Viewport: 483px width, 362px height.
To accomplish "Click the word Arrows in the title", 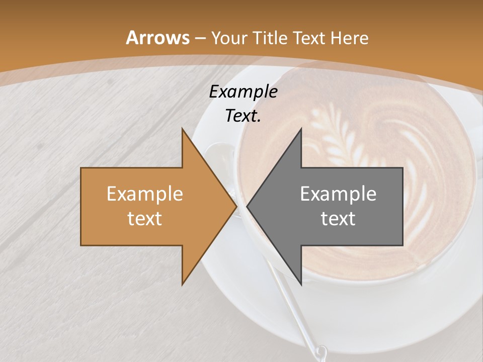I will click(157, 38).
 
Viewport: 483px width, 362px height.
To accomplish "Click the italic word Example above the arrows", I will click(243, 92).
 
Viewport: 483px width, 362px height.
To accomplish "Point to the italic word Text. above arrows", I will click(243, 116).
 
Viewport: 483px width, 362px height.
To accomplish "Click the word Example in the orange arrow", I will click(144, 194).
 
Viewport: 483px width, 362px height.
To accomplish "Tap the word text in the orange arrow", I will click(144, 219).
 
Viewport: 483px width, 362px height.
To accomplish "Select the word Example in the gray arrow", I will click(338, 194).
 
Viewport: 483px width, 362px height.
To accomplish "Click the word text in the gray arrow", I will click(338, 219).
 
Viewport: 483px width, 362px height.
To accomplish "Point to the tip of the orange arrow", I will click(236, 207).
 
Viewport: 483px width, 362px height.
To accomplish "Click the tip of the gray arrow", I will click(247, 207).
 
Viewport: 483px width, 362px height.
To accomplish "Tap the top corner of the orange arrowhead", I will click(182, 128).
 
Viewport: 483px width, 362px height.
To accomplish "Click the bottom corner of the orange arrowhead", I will click(182, 285).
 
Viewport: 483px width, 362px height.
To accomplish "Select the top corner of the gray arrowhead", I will click(301, 128).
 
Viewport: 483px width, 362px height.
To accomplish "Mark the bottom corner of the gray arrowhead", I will click(301, 285).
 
